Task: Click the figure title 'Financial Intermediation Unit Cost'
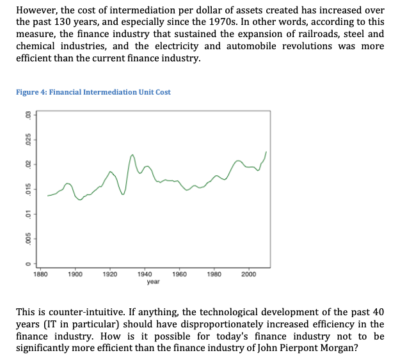point(93,92)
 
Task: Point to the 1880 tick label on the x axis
point(40,274)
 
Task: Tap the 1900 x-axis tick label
point(75,274)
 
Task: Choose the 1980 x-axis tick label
point(214,274)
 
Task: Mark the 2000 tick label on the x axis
point(249,274)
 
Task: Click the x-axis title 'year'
point(153,281)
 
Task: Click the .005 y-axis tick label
point(27,239)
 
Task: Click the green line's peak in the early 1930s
point(132,155)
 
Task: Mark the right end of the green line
point(266,152)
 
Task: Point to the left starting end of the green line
point(47,196)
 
